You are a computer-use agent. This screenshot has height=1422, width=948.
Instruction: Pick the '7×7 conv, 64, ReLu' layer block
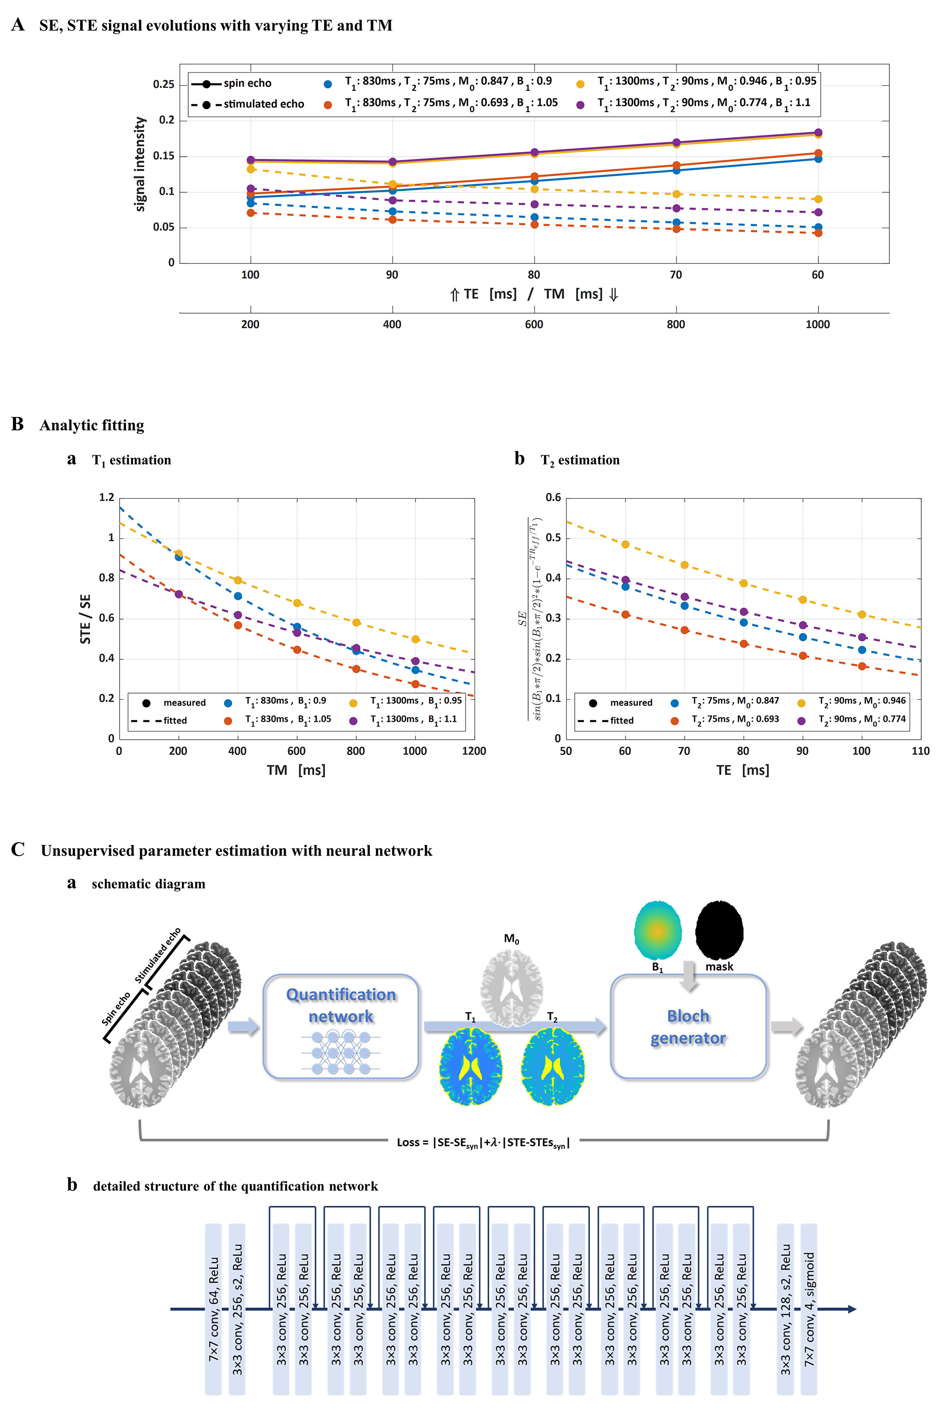pos(213,1309)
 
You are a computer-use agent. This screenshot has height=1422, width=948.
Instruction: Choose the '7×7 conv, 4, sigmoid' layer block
pos(809,1309)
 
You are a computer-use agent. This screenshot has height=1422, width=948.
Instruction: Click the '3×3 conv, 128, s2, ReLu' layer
pos(785,1309)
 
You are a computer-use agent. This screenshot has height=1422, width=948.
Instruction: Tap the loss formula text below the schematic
pos(483,1142)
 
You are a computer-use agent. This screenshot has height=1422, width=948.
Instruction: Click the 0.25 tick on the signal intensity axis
pos(163,84)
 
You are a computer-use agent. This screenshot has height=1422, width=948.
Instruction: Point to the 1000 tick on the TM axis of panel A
pos(817,325)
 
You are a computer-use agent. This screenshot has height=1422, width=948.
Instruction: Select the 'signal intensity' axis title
pos(140,164)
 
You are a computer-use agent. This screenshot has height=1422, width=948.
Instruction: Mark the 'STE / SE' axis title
pos(85,619)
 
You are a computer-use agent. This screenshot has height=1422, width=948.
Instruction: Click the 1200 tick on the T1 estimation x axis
pos(474,751)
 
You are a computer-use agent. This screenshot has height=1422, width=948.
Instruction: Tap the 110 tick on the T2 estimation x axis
pos(920,751)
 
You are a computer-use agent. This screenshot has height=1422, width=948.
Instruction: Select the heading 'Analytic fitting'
pos(92,425)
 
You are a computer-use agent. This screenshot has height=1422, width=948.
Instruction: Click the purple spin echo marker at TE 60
pos(818,132)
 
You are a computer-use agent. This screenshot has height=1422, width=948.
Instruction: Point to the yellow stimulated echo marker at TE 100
pos(251,169)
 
